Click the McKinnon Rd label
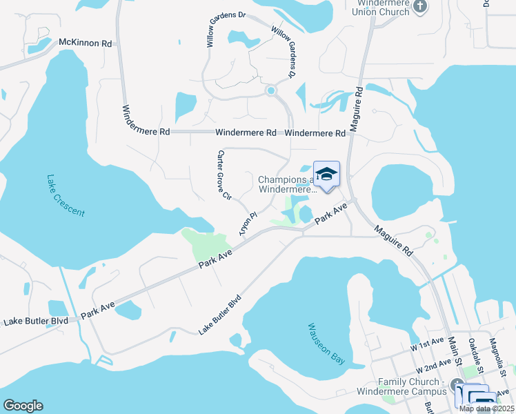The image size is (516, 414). (86, 43)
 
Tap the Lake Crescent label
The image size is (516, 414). (66, 195)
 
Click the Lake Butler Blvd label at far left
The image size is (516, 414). (36, 322)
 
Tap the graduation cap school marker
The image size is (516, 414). (327, 175)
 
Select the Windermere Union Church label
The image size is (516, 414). (381, 7)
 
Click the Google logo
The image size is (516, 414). (23, 406)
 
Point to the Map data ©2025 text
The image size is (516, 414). (486, 408)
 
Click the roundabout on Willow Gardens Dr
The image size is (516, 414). (271, 90)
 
